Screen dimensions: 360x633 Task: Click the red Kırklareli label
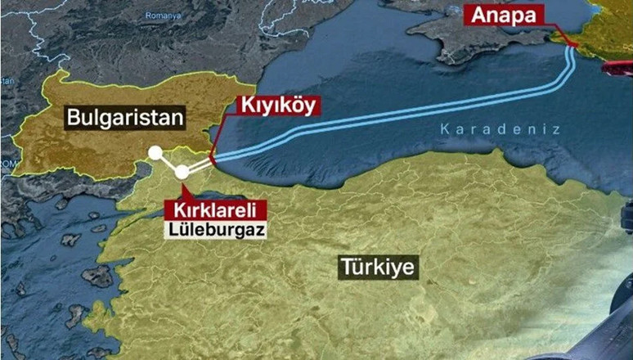pyautogui.click(x=204, y=209)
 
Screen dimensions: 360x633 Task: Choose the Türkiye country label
pyautogui.click(x=379, y=267)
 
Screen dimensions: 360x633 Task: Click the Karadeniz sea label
pyautogui.click(x=499, y=129)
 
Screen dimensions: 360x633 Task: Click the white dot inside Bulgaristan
pyautogui.click(x=155, y=152)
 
